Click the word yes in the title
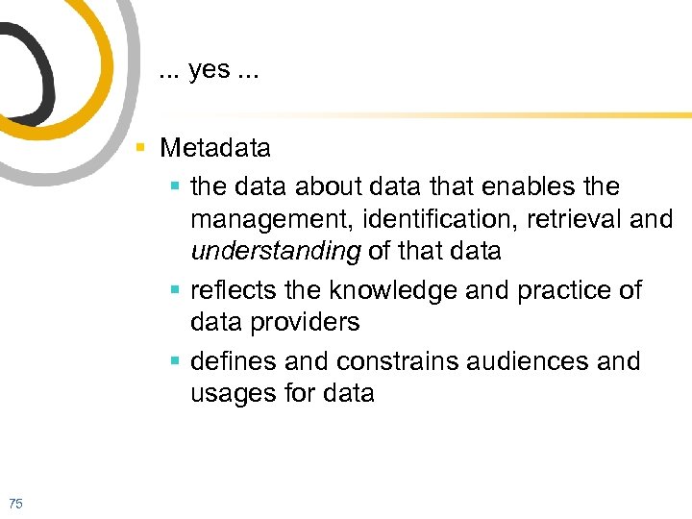(x=210, y=71)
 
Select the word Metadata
(x=215, y=148)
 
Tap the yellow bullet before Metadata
(x=141, y=148)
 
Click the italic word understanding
(x=276, y=252)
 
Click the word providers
(x=306, y=323)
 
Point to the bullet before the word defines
(x=175, y=362)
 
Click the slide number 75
(x=15, y=503)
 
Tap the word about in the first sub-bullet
(x=328, y=185)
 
